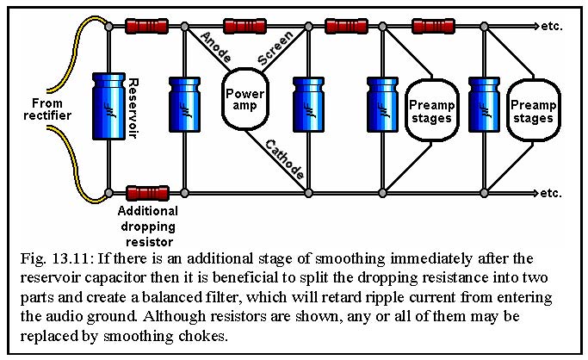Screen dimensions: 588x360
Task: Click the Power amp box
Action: pos(245,99)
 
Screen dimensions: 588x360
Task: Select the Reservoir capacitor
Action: pos(108,106)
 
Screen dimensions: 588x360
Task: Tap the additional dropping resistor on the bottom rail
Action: pos(147,193)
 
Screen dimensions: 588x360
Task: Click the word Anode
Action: pos(215,47)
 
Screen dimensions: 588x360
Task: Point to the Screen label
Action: pos(275,48)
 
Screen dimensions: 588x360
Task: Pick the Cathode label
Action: pos(285,159)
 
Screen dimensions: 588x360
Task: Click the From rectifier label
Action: pos(47,109)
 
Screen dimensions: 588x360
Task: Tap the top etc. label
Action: pos(552,27)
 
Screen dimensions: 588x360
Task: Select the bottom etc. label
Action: pos(551,194)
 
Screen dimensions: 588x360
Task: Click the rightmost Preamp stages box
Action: pos(533,110)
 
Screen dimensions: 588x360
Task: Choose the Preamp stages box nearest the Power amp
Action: pos(431,110)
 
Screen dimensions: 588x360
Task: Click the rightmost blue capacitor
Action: pos(484,104)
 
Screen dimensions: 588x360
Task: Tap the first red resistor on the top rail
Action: pos(146,26)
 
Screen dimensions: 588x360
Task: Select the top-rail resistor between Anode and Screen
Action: pos(244,26)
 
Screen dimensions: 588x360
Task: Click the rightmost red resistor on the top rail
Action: pos(434,26)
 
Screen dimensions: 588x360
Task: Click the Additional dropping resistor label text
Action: pos(148,227)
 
